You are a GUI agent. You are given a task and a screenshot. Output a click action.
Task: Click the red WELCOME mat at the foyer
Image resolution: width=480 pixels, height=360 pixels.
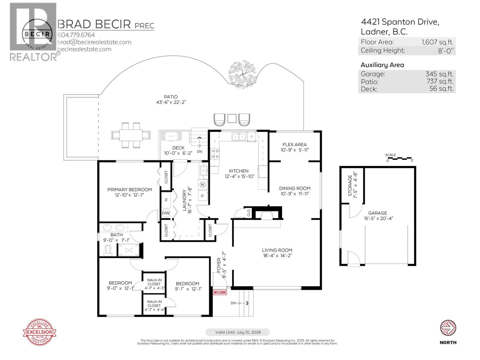click(220, 292)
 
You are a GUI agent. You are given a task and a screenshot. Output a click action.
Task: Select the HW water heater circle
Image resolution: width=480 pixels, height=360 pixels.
click(166, 213)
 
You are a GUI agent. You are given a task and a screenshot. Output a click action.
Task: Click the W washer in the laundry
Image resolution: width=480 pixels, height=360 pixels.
click(203, 184)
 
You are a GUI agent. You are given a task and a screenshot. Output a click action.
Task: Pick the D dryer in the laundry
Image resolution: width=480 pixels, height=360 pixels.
click(202, 196)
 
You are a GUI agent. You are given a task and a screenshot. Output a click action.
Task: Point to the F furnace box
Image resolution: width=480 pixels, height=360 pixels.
click(166, 200)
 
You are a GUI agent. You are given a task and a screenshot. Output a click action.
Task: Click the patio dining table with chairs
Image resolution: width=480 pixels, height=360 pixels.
click(131, 135)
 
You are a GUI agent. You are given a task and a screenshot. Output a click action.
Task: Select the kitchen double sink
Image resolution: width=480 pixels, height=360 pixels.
click(239, 137)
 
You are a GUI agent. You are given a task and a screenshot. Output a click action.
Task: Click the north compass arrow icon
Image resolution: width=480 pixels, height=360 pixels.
click(448, 328)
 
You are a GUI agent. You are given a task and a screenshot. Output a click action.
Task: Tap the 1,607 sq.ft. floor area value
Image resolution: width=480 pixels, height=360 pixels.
click(437, 42)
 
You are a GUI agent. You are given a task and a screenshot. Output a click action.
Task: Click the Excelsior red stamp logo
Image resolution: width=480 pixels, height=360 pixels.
click(40, 332)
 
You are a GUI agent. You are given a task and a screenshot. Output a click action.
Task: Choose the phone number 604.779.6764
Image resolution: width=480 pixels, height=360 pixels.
click(76, 35)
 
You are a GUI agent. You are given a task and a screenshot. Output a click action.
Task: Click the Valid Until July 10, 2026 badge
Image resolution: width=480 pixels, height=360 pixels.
click(238, 332)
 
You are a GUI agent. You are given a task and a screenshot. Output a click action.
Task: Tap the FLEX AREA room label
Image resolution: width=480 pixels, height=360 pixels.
click(294, 145)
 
